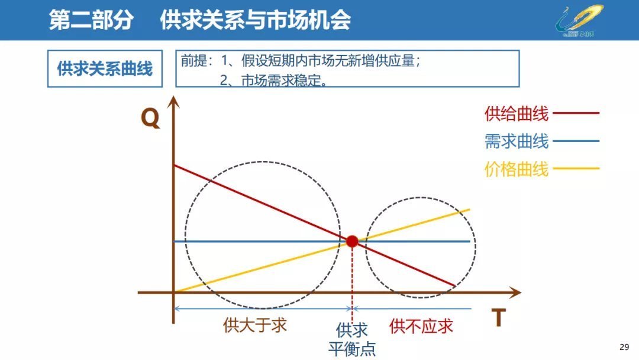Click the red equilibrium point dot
(352, 241)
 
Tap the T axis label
(498, 319)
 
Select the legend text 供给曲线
(516, 113)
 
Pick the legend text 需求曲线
(516, 142)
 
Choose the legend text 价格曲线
(516, 169)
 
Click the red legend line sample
(576, 112)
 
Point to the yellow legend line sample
(576, 169)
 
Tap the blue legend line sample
(576, 141)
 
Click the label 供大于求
(255, 325)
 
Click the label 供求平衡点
(352, 339)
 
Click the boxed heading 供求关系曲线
(105, 69)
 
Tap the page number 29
(624, 346)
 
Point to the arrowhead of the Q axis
(173, 101)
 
